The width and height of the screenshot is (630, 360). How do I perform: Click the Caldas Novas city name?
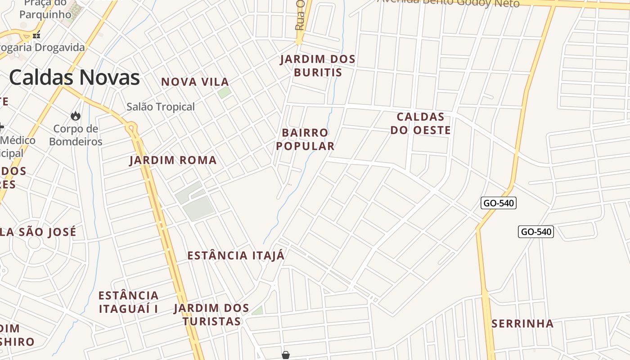point(74,77)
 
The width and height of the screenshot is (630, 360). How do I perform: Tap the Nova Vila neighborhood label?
point(195,82)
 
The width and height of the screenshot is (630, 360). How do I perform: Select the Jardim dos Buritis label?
point(318,66)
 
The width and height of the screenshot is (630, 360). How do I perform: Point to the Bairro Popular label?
point(305,139)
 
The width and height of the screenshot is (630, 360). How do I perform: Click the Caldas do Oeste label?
point(420,123)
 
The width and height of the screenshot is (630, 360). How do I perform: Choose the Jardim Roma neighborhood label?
point(173,160)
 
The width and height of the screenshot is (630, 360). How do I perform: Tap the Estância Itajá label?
point(236,256)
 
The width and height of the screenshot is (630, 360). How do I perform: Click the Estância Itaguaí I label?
point(128,302)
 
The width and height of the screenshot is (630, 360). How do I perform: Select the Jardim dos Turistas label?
point(211,315)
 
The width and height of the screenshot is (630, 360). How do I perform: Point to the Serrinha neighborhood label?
point(522,324)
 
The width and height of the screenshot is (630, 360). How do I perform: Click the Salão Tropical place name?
point(161,107)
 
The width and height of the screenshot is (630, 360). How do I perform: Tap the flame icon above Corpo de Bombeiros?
point(76,116)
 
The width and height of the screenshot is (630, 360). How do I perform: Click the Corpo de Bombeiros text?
point(76,135)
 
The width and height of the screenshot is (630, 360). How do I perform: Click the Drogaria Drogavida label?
point(43,47)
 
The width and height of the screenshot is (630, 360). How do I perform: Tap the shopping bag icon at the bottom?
point(285,355)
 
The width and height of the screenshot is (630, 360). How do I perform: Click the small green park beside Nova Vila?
point(224,93)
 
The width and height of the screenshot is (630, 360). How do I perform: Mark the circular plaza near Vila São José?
point(35,243)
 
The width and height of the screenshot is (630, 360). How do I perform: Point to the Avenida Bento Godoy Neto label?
point(448,2)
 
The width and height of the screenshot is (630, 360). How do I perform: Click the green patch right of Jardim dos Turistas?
point(257,310)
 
